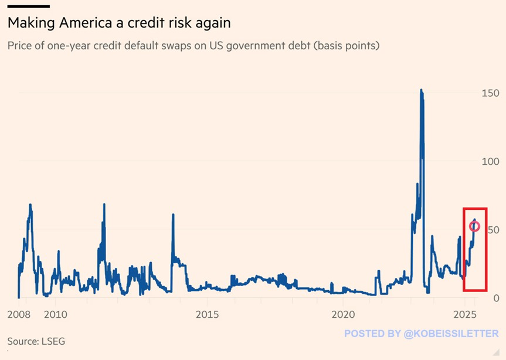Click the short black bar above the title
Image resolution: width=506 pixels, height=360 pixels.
28,6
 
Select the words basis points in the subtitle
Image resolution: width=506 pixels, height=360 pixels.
345,45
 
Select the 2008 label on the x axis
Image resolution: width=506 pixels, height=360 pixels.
19,314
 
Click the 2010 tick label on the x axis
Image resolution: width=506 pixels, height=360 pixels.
56,314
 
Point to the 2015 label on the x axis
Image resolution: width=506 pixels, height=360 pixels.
208,314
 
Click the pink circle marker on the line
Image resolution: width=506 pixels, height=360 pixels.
475,226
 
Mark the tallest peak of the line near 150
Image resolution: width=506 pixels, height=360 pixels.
421,90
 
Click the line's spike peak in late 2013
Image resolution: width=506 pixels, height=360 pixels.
173,215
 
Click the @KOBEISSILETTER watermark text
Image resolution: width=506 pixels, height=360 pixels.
451,334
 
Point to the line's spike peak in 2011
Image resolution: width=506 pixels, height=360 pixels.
104,205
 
